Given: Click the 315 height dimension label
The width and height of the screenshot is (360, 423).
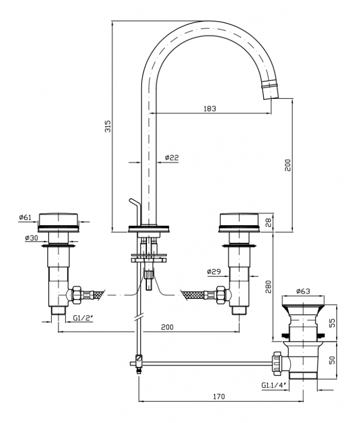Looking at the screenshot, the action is [108, 126].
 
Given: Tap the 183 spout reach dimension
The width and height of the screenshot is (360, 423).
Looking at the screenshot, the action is [210, 108].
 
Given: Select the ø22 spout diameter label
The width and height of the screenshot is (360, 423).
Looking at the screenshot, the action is [172, 158].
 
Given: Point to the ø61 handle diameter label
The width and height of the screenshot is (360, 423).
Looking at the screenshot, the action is [25, 217].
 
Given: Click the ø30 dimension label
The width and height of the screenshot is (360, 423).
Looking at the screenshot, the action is [32, 237].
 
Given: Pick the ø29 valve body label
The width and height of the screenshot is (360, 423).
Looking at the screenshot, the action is [214, 271].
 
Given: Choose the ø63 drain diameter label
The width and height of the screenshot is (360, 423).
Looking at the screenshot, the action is [303, 291].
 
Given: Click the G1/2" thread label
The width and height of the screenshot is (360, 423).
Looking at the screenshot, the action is [83, 318].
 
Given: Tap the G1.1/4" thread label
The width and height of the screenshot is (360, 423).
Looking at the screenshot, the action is [273, 385].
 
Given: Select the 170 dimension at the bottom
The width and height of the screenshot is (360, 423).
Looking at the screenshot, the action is [219, 397].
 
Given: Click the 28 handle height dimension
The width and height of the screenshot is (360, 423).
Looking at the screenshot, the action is [269, 223].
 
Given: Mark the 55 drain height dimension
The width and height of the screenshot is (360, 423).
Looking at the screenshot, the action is [333, 323].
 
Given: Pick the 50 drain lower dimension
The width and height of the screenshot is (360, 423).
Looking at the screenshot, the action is [333, 360].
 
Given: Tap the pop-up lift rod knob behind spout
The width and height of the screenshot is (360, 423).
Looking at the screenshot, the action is [135, 206].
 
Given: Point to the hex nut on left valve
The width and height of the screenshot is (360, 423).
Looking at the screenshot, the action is [77, 295].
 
